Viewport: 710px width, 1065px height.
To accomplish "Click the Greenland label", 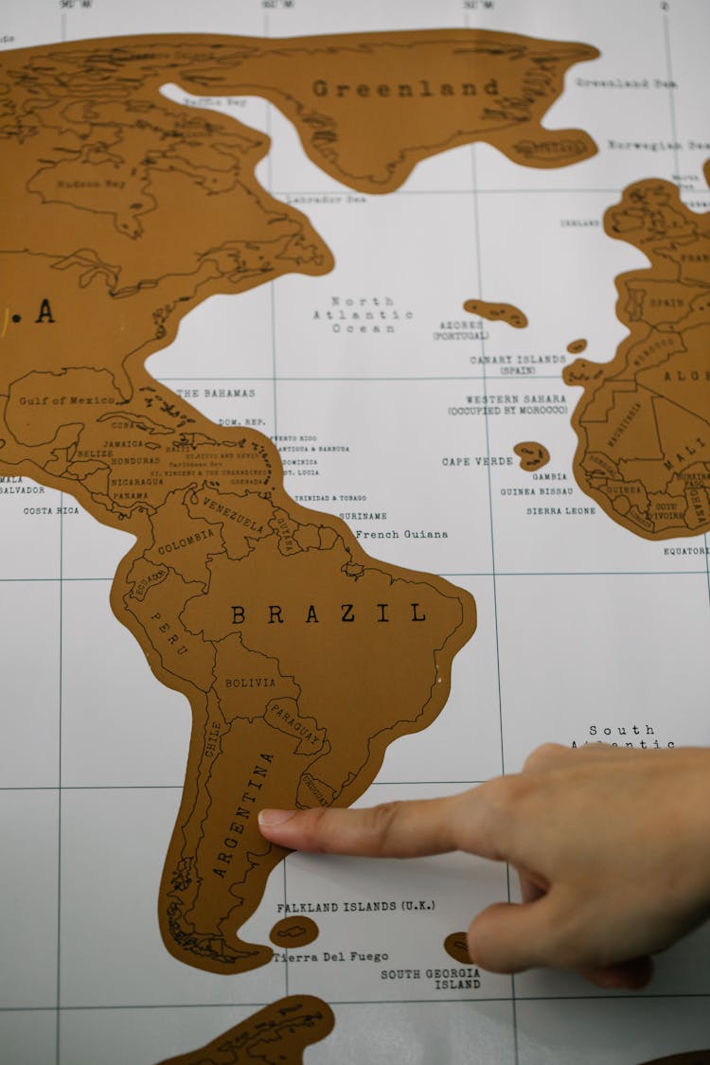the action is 405,88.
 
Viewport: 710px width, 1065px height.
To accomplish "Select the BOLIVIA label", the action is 250,683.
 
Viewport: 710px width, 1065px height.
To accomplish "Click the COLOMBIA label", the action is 186,541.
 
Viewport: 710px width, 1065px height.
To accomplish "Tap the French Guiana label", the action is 401,534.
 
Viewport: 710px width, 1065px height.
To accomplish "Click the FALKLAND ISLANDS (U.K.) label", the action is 356,906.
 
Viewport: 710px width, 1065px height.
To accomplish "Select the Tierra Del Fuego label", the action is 330,956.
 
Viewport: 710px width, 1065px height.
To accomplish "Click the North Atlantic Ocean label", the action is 364,314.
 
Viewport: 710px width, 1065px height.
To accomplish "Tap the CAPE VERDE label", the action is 477,461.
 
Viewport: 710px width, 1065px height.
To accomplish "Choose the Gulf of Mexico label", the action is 66,400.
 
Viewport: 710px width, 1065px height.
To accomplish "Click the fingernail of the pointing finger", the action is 275,816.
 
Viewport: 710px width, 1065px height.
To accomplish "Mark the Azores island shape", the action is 496,311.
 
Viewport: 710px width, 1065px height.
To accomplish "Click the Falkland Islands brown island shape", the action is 293,932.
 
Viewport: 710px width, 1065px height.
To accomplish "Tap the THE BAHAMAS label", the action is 215,392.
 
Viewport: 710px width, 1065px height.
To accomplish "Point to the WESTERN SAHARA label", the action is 515,399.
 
